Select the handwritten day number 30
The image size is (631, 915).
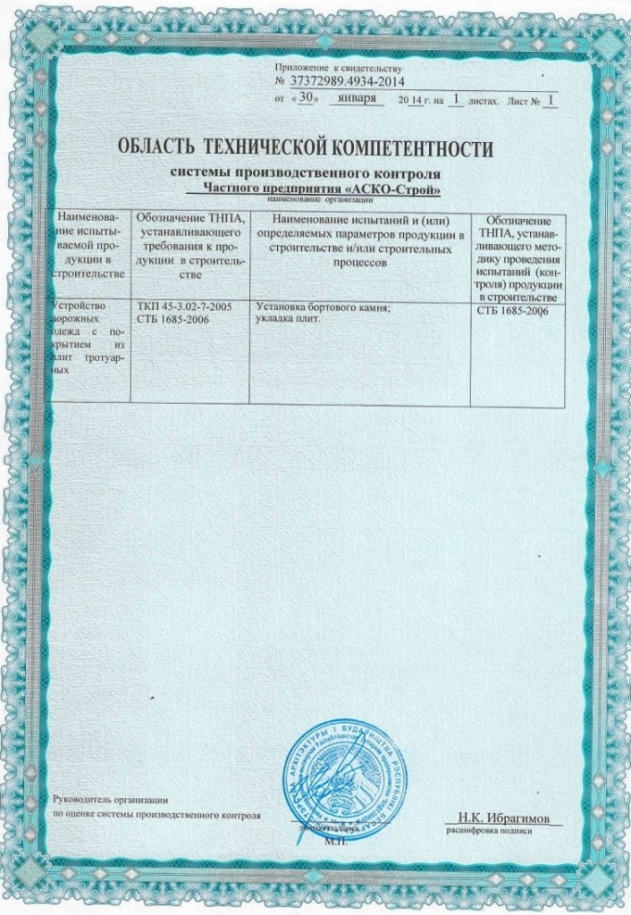306,99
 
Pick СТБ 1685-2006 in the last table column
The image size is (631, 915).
519,310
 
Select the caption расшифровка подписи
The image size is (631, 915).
490,831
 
